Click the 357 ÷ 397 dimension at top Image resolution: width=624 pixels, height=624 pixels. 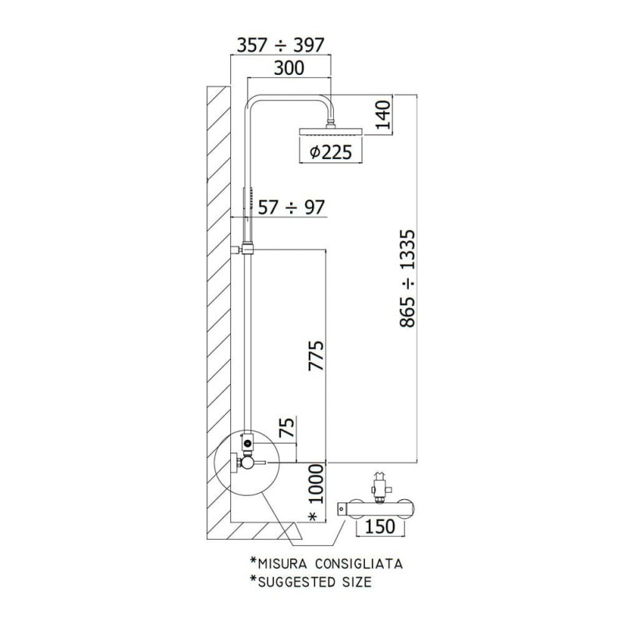tap(281, 45)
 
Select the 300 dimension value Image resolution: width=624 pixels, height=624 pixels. tap(289, 68)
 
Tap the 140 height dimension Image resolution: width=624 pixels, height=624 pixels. tap(384, 115)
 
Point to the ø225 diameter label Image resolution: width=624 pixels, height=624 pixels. tap(331, 151)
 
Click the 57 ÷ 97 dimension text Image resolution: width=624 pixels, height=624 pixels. tap(291, 207)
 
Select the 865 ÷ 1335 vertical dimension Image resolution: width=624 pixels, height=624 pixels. tap(407, 278)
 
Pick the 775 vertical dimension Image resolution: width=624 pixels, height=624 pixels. tap(317, 356)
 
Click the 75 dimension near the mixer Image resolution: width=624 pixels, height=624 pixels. tap(288, 427)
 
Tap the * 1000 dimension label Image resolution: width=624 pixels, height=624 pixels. tap(317, 493)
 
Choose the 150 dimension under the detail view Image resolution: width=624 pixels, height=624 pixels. tap(380, 526)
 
